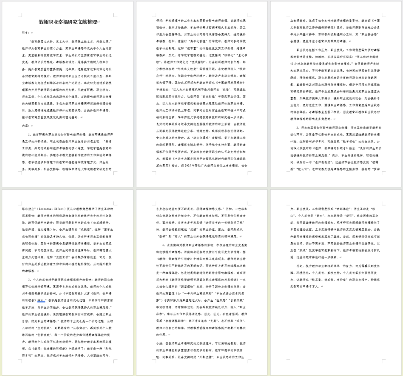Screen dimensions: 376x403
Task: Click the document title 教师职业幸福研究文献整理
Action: click(68, 22)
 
